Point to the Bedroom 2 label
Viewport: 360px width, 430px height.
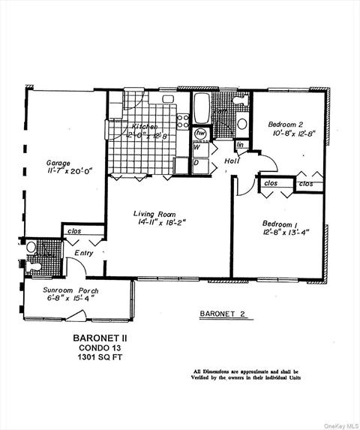(x=287, y=124)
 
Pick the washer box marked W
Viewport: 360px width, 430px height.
(x=196, y=148)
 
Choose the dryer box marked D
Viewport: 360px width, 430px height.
(x=196, y=162)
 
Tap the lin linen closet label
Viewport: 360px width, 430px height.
(x=241, y=145)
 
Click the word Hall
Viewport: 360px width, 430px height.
(x=231, y=161)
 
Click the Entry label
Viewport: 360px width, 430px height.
(x=83, y=254)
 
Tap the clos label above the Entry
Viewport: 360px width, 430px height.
(x=74, y=231)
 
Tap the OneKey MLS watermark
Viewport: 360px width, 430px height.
(x=340, y=425)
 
